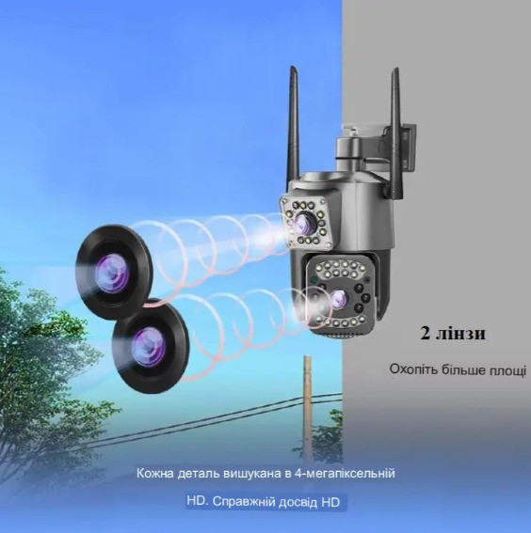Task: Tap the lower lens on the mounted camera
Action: click(339, 298)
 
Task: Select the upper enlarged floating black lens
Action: click(114, 273)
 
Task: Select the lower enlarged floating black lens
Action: click(151, 346)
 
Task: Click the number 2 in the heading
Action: click(426, 334)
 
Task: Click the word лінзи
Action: click(460, 334)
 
